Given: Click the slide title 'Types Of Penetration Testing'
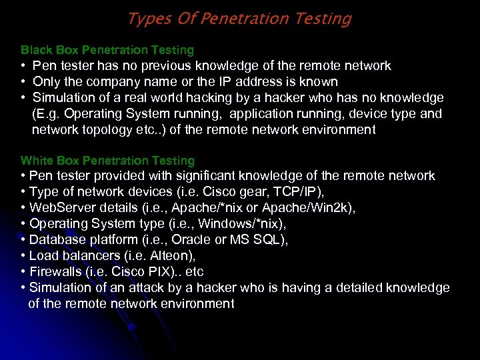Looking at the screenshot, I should click(x=239, y=19).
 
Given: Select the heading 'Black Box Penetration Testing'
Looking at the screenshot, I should click(x=107, y=50).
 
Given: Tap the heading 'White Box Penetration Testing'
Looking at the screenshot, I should click(x=107, y=161).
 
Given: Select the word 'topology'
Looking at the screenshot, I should click(x=119, y=130).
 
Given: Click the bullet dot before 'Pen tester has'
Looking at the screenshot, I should click(x=23, y=66).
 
